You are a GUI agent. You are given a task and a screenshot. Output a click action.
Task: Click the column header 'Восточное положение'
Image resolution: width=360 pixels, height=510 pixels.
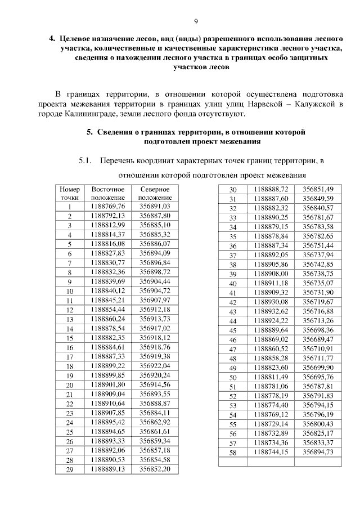pos(107,194)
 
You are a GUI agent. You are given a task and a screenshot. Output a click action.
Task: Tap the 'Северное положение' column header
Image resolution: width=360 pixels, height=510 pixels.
pos(154,194)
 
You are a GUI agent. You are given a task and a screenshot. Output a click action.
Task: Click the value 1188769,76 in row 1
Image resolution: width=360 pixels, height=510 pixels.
pos(107,207)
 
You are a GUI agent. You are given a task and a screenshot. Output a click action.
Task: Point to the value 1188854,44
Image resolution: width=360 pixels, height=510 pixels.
pos(107,310)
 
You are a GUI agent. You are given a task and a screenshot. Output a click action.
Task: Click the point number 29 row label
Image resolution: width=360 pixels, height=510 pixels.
pos(70,469)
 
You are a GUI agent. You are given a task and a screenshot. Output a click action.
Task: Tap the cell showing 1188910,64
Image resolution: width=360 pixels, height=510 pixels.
pos(107,404)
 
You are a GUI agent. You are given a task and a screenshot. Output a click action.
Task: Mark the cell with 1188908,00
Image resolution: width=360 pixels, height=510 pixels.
pos(271,274)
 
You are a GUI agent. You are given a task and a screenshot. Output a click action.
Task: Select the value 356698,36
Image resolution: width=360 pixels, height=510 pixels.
pos(318,329)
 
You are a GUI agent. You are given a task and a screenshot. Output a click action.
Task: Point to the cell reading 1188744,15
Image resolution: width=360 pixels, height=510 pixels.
pos(271,451)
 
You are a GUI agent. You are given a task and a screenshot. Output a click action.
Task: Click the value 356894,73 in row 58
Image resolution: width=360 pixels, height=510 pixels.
pos(318,451)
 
